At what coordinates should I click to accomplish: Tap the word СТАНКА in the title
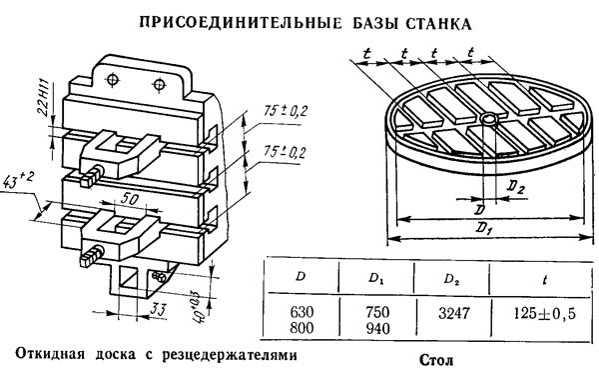(x=438, y=23)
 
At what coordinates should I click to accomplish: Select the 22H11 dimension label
(x=43, y=98)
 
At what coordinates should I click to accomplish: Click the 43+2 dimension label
(x=18, y=180)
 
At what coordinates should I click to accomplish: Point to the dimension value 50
(x=130, y=199)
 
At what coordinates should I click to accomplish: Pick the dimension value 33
(x=158, y=310)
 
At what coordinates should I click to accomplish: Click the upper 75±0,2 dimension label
(x=285, y=111)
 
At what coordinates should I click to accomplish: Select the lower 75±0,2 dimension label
(x=285, y=152)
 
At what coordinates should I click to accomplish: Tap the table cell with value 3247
(x=453, y=314)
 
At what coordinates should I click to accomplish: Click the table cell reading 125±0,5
(x=544, y=314)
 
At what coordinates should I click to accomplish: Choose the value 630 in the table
(x=301, y=313)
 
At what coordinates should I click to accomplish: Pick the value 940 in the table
(x=377, y=328)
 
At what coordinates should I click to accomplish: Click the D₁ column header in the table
(x=376, y=279)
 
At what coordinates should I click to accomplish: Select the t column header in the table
(x=544, y=281)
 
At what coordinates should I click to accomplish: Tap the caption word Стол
(x=436, y=360)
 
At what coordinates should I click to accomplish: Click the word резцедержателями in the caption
(x=230, y=356)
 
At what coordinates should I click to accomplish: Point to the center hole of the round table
(x=489, y=119)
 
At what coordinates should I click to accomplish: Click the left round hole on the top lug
(x=113, y=80)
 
